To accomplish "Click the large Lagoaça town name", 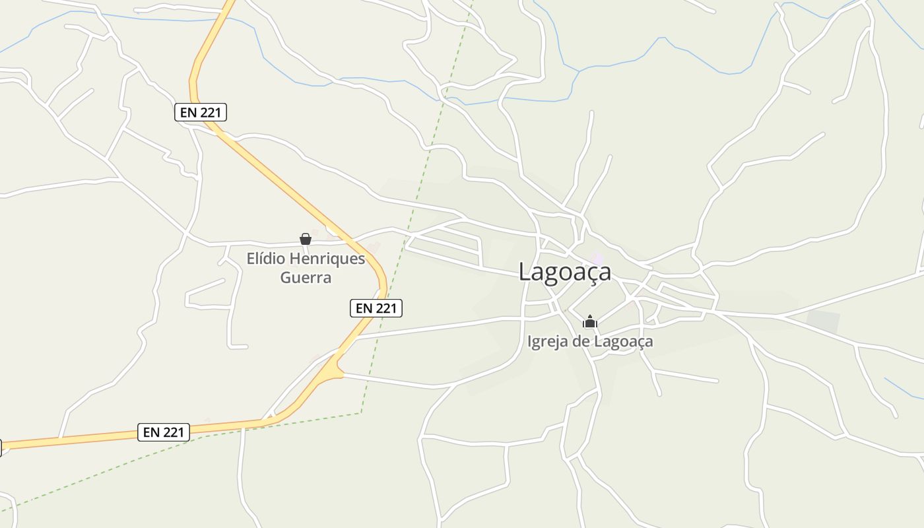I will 565,272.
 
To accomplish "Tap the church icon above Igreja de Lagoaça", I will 590,322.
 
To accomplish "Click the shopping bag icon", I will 306,239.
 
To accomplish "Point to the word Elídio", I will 268,258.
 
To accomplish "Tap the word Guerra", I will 306,277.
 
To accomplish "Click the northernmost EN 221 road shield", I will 201,112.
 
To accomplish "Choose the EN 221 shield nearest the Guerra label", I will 376,308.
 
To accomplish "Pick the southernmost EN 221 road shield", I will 164,432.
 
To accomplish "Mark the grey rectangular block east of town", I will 823,322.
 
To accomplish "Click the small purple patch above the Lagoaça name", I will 597,258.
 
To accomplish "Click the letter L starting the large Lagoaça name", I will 526,272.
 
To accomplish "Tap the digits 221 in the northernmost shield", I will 209,112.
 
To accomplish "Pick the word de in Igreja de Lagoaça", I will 581,341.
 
